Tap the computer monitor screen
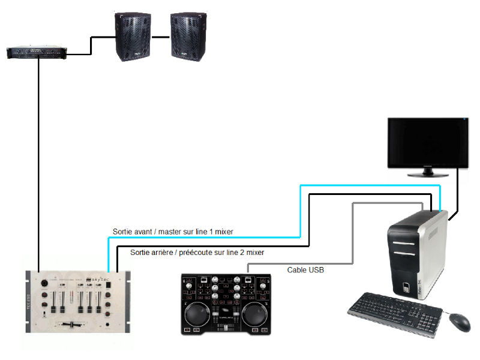pos(427,142)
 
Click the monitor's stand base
pos(428,174)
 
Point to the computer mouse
pos(460,322)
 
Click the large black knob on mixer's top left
pos(43,283)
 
